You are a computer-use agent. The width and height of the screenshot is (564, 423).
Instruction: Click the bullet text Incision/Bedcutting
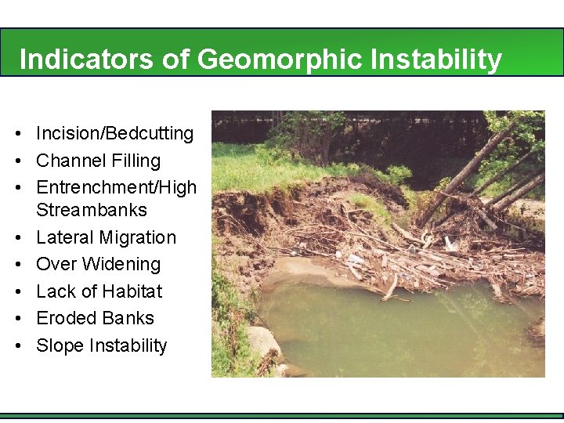point(114,134)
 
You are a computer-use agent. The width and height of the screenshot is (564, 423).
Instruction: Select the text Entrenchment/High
point(116,188)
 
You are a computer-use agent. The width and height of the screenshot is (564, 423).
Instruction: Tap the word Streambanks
point(91,210)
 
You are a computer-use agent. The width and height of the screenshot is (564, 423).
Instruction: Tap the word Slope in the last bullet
point(60,345)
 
